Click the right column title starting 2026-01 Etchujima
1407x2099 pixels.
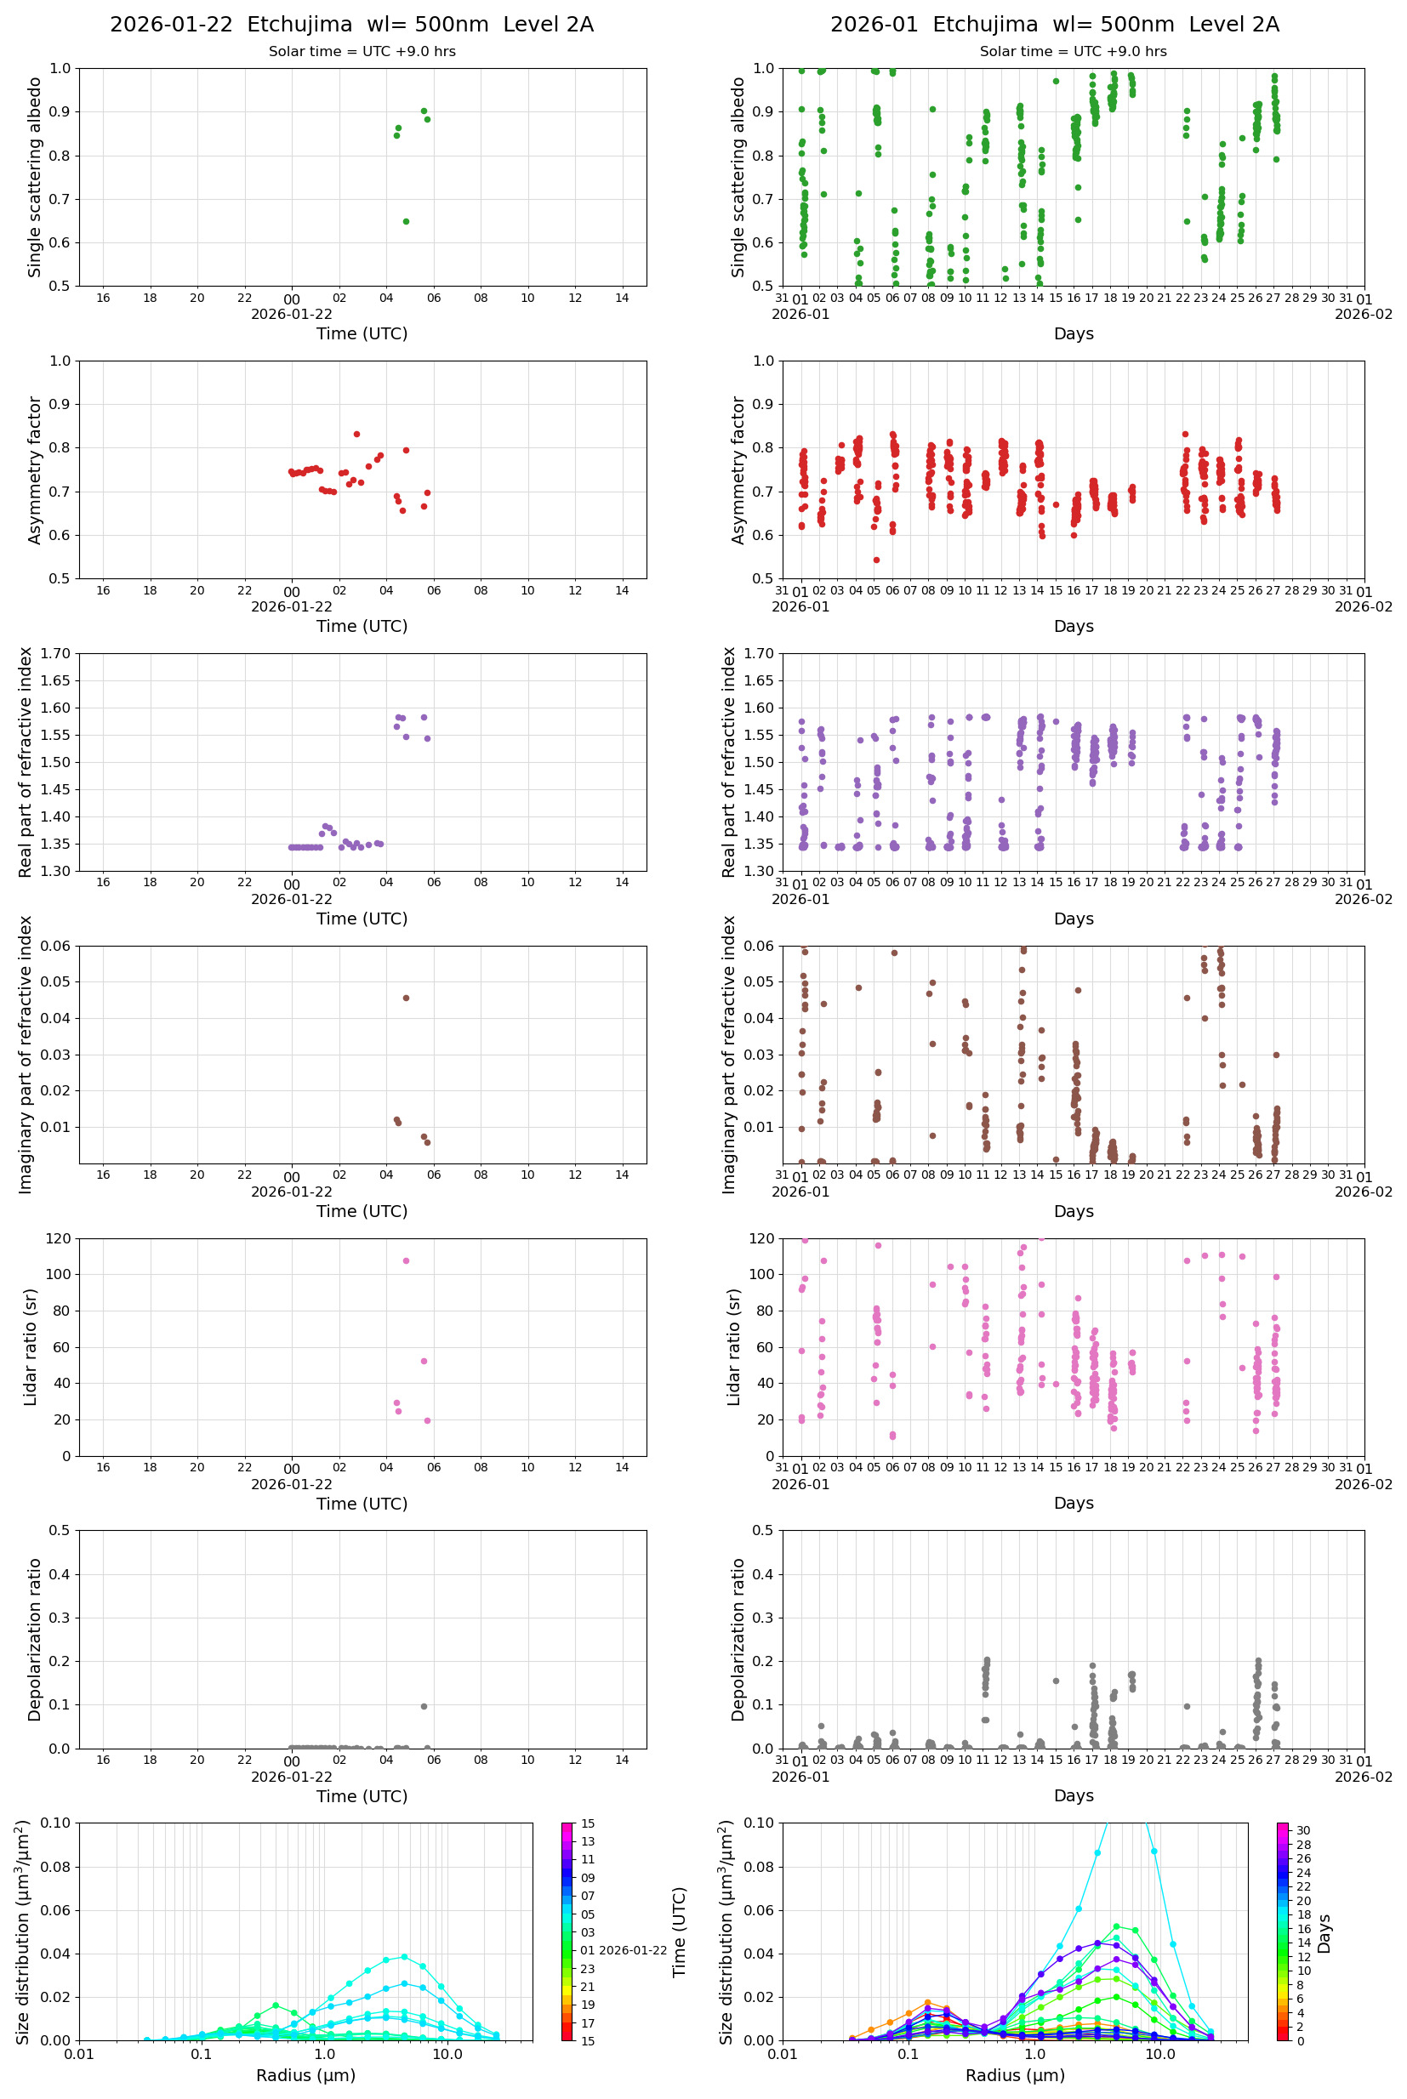[1054, 24]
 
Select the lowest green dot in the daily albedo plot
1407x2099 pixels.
[406, 222]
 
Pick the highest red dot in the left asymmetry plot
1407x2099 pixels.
[356, 434]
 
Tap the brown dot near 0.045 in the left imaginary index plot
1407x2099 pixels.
[406, 998]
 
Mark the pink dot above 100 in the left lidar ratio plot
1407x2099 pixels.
[406, 1260]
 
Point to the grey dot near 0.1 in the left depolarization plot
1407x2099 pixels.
[424, 1706]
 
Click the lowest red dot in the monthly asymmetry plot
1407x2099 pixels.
[876, 560]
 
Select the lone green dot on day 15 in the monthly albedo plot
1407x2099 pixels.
[1057, 81]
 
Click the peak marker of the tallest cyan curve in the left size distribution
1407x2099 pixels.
[404, 1956]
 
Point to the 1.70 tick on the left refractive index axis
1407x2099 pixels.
[56, 653]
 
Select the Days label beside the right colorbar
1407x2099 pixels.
[1324, 1932]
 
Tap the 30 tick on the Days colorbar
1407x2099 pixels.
[1303, 1830]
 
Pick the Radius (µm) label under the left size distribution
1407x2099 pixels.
[305, 2075]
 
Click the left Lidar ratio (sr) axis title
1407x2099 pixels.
[31, 1346]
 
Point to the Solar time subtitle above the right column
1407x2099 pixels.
[1073, 51]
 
